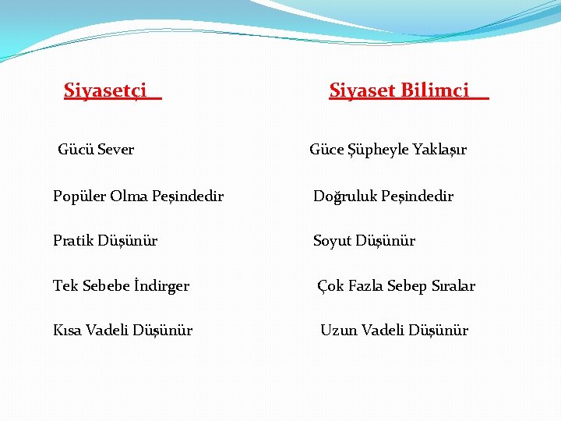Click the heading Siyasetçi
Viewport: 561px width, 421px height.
(105, 91)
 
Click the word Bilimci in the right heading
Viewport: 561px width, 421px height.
(436, 90)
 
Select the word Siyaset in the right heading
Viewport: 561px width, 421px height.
(363, 90)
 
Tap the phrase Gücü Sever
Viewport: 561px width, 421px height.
(96, 149)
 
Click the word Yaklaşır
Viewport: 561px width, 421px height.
(439, 150)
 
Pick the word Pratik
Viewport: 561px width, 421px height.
(72, 241)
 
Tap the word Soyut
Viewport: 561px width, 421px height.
(332, 241)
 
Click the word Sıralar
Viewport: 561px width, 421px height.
(450, 286)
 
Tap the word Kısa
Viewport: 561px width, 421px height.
(67, 330)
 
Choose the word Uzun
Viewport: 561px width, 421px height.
(337, 330)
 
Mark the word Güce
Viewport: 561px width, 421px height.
(326, 150)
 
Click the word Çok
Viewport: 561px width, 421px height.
(330, 286)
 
